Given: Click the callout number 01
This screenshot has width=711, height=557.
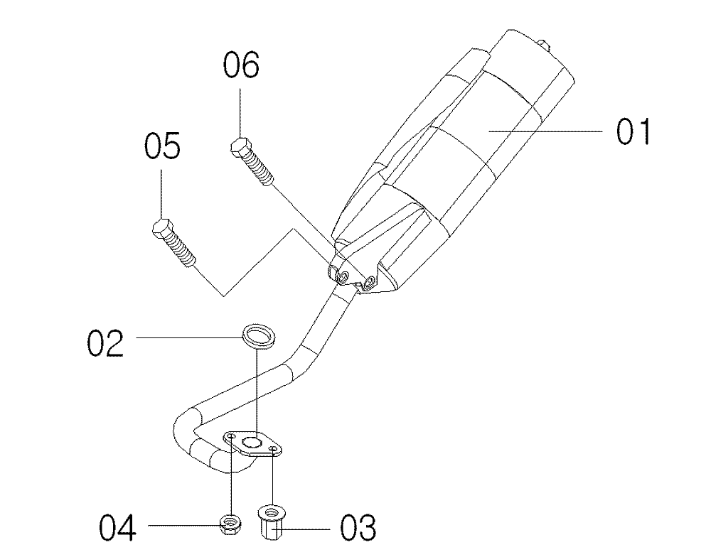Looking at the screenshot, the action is [x=633, y=131].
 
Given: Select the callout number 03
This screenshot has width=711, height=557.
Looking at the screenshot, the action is [x=358, y=528].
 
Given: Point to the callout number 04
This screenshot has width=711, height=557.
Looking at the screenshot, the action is [x=117, y=528].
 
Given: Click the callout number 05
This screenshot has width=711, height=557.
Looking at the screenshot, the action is [x=162, y=145].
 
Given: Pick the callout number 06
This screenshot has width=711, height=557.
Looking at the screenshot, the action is [x=241, y=65].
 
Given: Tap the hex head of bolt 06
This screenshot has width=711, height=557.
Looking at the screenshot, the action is [x=240, y=146].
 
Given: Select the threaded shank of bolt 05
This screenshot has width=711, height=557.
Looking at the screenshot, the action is [x=181, y=251].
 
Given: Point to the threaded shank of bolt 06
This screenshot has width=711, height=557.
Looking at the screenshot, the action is [x=258, y=169].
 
